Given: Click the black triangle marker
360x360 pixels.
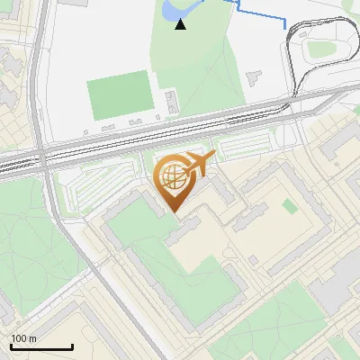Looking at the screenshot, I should (x=181, y=24).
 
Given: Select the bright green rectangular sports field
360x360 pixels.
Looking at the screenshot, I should (x=119, y=94).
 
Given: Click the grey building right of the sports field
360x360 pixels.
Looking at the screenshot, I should (x=172, y=101).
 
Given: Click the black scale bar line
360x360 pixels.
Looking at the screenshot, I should (x=41, y=347).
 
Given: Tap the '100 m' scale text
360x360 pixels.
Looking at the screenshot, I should (x=24, y=338).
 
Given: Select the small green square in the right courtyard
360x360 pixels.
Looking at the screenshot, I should (x=289, y=206).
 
